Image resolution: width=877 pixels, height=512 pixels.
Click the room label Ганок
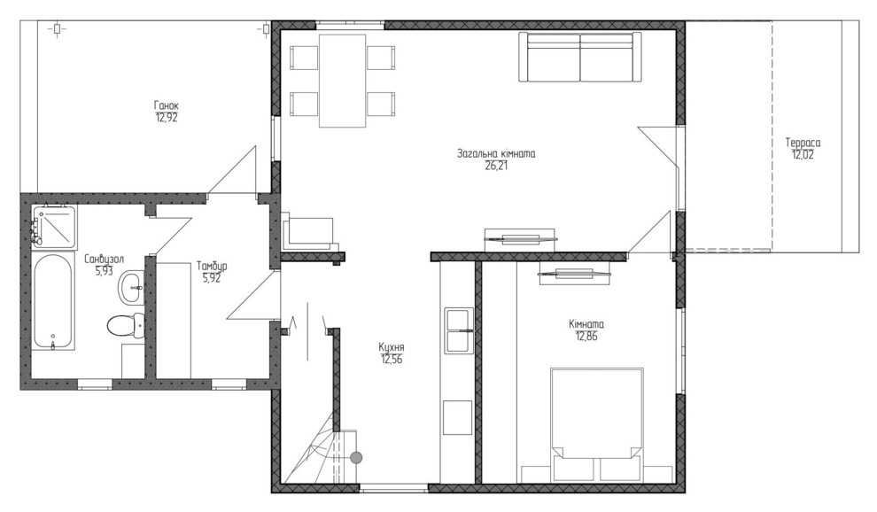click(x=167, y=105)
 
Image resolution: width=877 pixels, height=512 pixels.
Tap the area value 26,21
click(x=497, y=166)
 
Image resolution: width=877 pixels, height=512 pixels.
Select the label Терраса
click(x=803, y=143)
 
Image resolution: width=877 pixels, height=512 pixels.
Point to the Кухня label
click(x=392, y=347)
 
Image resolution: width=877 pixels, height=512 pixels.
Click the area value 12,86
click(x=586, y=336)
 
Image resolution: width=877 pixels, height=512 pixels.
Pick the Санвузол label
click(x=104, y=260)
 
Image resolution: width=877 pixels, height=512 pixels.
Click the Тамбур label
click(x=212, y=266)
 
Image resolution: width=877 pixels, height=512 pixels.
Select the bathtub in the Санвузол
click(x=52, y=301)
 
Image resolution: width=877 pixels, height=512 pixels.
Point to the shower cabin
click(x=53, y=227)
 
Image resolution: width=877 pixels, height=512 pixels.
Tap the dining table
click(x=342, y=81)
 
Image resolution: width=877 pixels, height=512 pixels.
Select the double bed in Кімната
click(x=596, y=424)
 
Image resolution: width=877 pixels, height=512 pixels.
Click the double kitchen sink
click(x=459, y=330)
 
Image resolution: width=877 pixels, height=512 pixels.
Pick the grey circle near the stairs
click(x=356, y=458)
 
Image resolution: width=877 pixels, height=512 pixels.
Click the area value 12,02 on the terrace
click(x=803, y=155)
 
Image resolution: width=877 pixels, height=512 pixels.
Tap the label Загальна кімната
click(x=496, y=153)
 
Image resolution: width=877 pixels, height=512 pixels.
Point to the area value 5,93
click(x=104, y=271)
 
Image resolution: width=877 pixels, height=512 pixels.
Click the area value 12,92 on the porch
click(x=167, y=118)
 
